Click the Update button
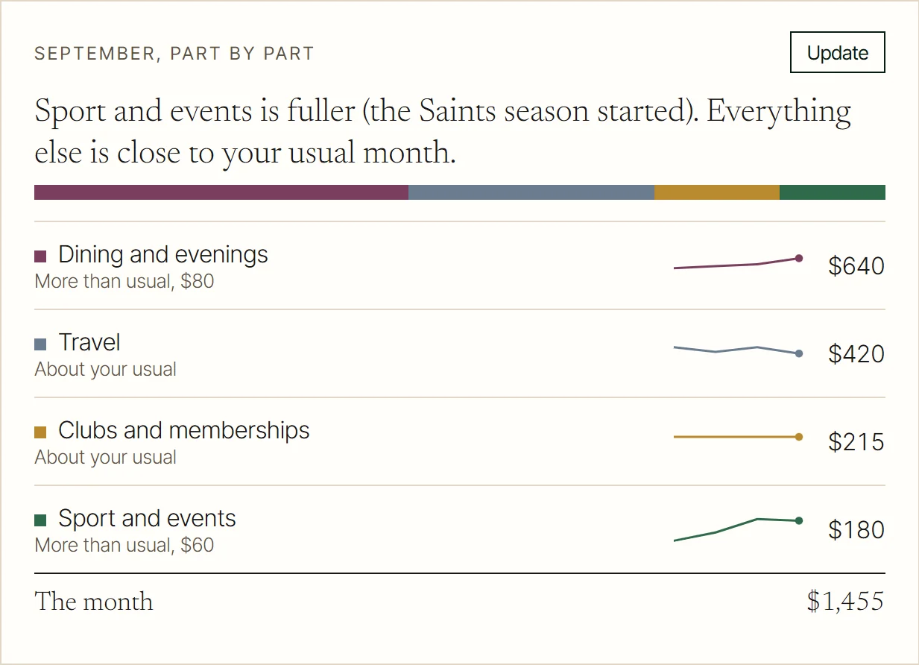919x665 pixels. (x=837, y=52)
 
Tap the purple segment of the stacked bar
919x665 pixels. (x=221, y=192)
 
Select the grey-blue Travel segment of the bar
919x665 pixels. (x=531, y=192)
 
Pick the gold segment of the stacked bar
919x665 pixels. (x=717, y=192)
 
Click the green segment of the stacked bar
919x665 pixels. (x=833, y=192)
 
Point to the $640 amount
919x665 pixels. (x=856, y=265)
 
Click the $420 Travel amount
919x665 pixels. (x=856, y=353)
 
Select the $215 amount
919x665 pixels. (x=856, y=442)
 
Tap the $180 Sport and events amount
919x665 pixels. (x=856, y=529)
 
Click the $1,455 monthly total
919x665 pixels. (x=845, y=602)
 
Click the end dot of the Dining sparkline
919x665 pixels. (x=799, y=258)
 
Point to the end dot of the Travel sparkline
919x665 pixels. (x=799, y=353)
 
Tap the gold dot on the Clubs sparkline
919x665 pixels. (x=799, y=437)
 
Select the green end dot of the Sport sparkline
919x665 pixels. (x=799, y=521)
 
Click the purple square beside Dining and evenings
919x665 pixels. (x=40, y=256)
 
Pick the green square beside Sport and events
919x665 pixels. (x=40, y=520)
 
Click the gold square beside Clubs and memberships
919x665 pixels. (x=40, y=432)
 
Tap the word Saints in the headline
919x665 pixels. (x=457, y=111)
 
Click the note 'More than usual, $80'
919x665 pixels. (x=124, y=281)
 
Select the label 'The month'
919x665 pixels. (x=94, y=602)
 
